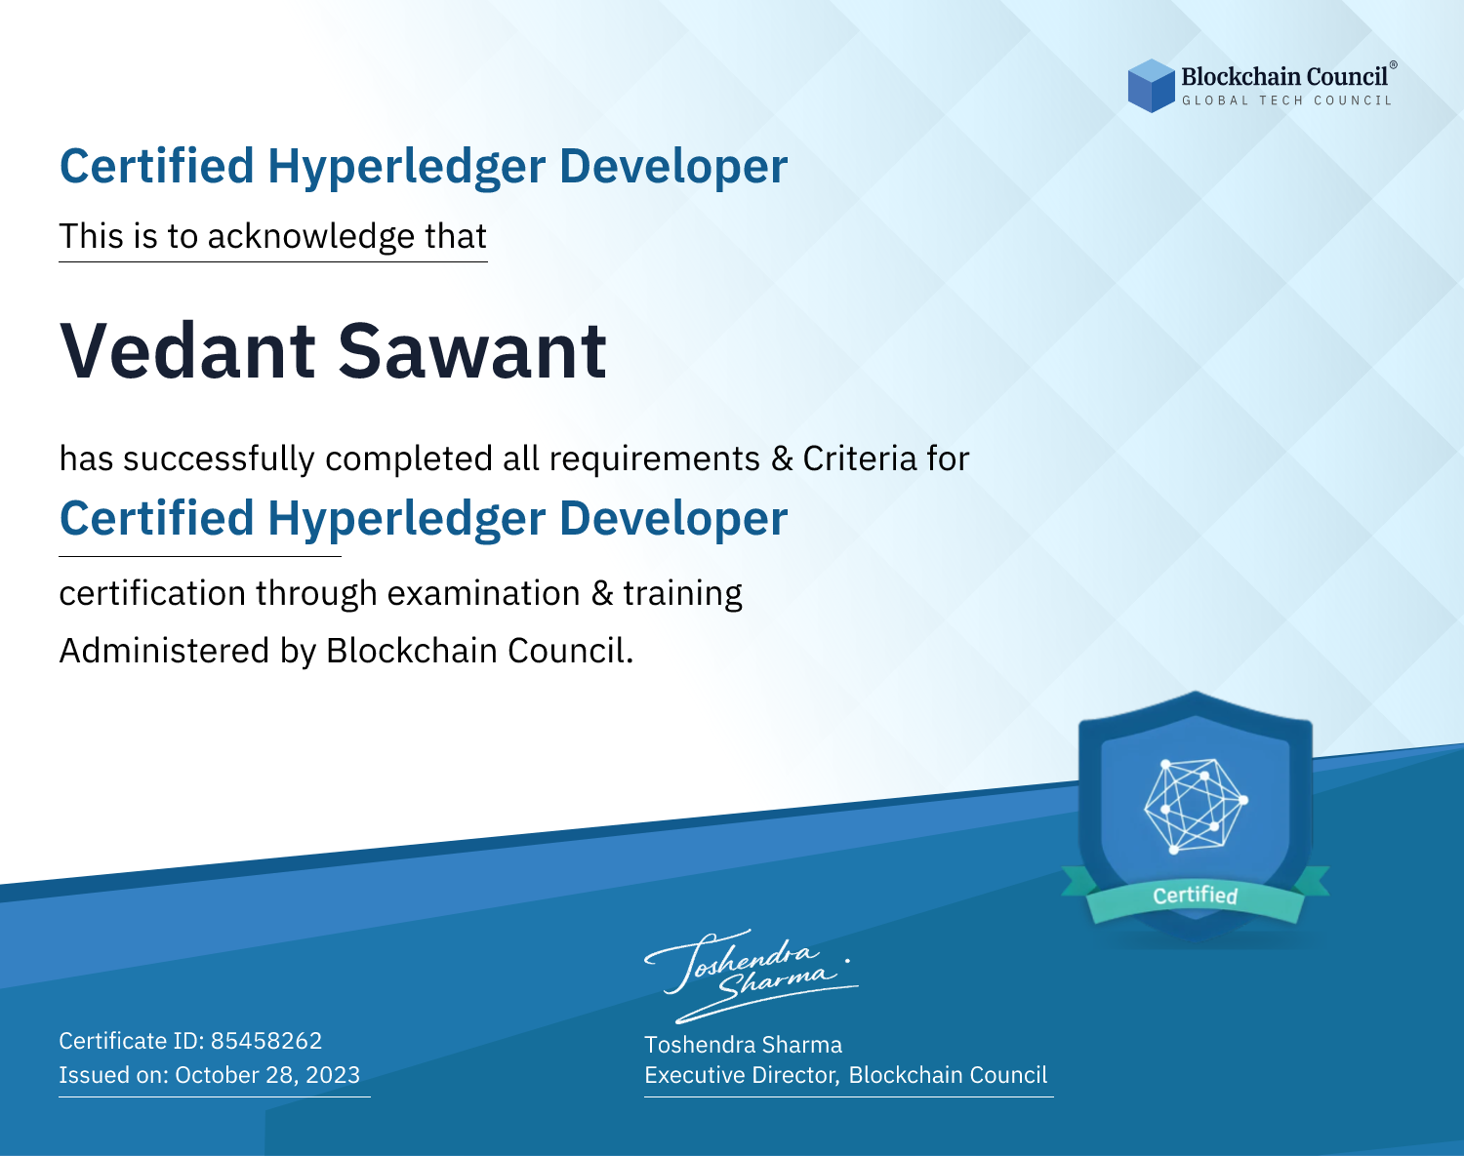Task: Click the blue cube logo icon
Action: (1151, 86)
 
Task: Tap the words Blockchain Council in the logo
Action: (1284, 77)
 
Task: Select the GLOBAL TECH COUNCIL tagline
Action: (1286, 100)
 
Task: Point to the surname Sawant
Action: (472, 351)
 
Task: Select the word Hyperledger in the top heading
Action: (407, 167)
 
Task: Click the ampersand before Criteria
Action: (782, 459)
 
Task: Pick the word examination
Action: (484, 593)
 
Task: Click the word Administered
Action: (165, 650)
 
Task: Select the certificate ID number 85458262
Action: (266, 1040)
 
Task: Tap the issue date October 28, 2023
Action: (267, 1074)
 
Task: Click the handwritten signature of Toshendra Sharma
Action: (752, 976)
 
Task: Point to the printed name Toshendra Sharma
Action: (743, 1045)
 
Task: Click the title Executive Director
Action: (741, 1075)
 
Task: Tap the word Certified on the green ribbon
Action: (1196, 896)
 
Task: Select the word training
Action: (682, 594)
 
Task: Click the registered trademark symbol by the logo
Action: (1394, 65)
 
